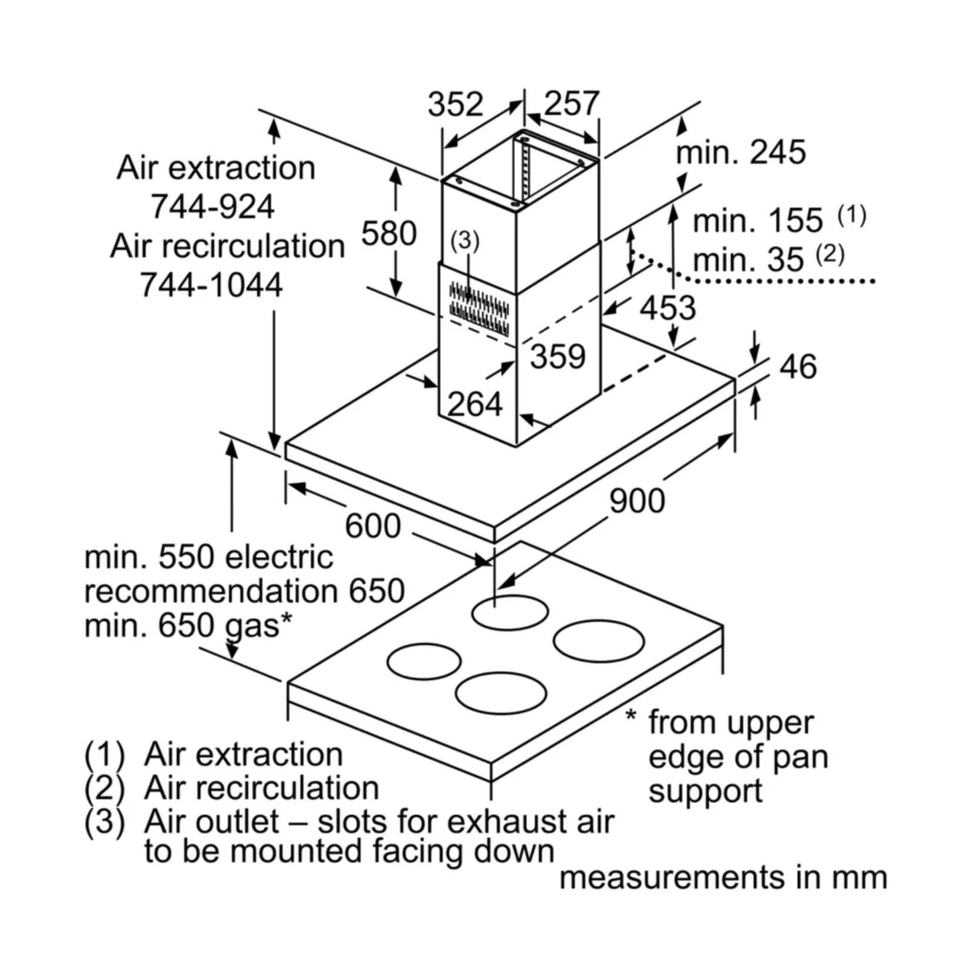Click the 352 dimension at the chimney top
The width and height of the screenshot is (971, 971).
pos(454,104)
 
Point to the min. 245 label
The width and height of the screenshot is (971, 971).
pos(741,153)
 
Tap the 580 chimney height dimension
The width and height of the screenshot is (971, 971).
pos(389,233)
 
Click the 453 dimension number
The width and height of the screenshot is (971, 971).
pos(667,308)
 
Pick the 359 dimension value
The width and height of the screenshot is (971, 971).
pos(558,356)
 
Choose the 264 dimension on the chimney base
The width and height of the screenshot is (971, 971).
pos(475,404)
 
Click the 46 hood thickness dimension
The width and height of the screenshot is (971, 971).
pos(798,366)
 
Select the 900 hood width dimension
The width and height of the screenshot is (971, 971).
pos(637,501)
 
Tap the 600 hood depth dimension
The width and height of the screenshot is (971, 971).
pos(373,525)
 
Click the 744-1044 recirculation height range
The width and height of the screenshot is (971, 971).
pos(211,285)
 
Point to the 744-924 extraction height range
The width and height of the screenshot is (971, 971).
pos(213,207)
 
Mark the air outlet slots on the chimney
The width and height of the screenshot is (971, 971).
pos(478,308)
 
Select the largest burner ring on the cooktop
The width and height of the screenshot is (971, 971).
pos(598,641)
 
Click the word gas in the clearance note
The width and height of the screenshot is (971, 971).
pos(252,626)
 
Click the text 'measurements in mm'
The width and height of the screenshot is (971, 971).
pos(723,878)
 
